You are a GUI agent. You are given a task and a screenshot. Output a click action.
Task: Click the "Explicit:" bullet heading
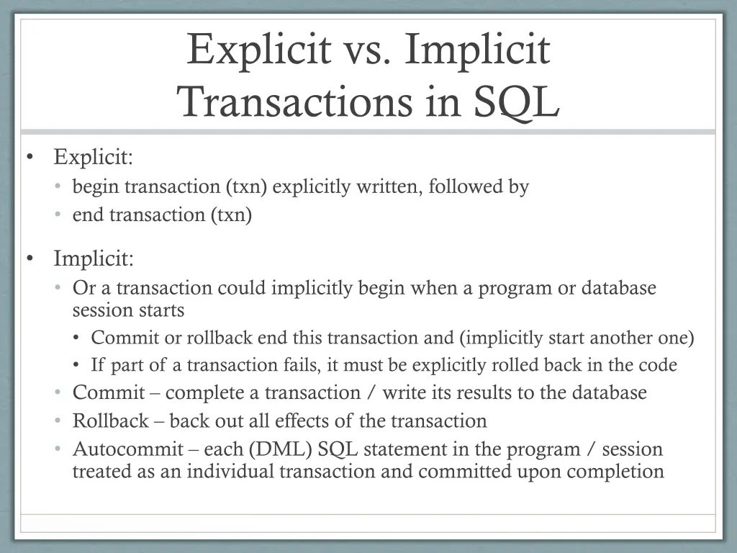(x=93, y=156)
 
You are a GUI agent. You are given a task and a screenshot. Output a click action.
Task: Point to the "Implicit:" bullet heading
(x=93, y=258)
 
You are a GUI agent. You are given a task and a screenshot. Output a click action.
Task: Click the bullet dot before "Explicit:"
(x=30, y=157)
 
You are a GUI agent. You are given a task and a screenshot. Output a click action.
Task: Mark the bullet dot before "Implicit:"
(x=30, y=258)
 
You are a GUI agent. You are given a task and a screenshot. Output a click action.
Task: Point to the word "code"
(x=656, y=365)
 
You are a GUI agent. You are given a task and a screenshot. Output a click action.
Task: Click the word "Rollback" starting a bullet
(x=110, y=421)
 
